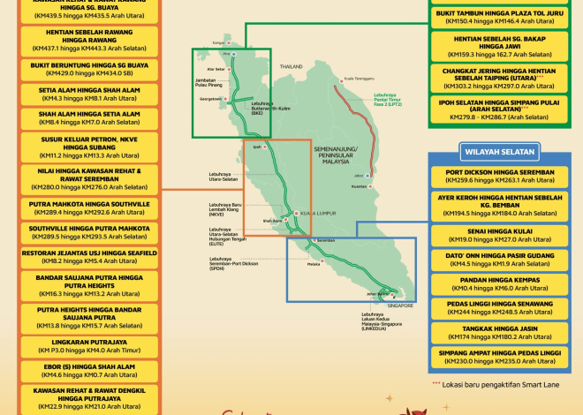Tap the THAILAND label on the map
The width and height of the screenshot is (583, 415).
pos(291,66)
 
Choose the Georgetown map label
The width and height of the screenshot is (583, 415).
pos(210,100)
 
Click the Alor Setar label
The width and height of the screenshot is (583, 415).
pos(216,68)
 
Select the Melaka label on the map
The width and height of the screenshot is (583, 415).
pos(314,263)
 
